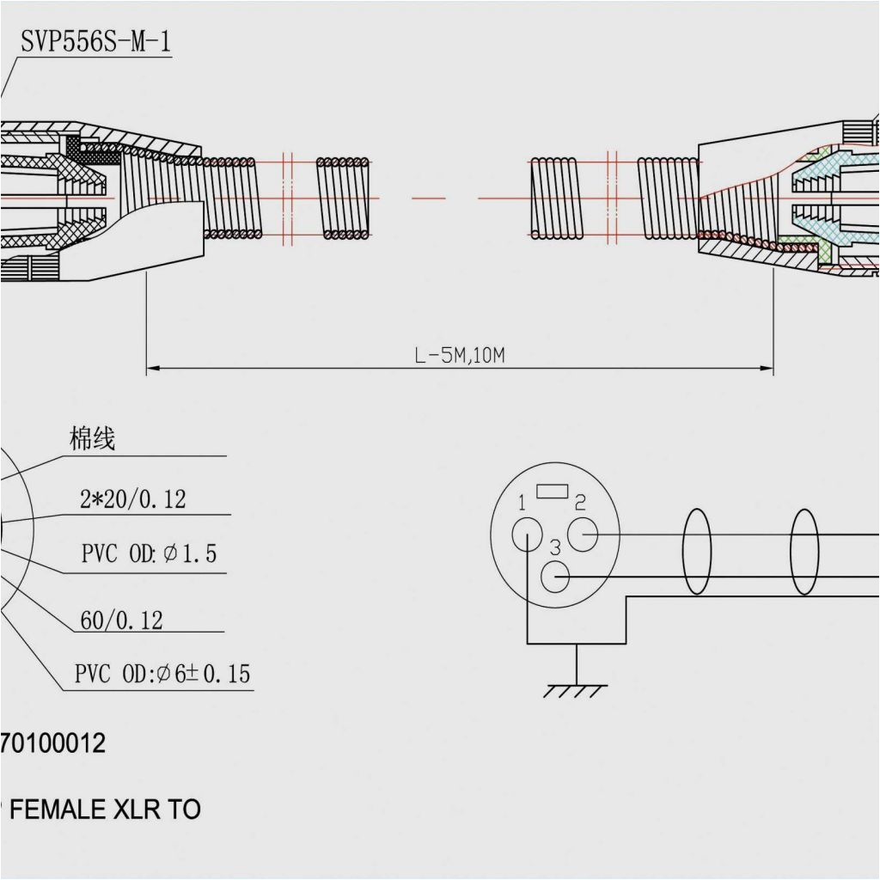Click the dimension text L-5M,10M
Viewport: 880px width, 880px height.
click(460, 356)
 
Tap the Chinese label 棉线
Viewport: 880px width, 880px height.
click(92, 440)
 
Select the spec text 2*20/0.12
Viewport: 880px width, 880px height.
click(132, 499)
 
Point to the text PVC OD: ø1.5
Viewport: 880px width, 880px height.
click(149, 554)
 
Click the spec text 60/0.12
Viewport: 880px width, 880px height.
click(121, 620)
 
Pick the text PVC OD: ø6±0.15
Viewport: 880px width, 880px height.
click(162, 675)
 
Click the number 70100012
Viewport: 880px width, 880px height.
click(53, 743)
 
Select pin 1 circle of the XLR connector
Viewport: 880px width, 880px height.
click(525, 537)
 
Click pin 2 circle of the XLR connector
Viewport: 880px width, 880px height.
click(583, 535)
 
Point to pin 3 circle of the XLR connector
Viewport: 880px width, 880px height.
click(557, 577)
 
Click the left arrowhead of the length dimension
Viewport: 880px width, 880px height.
click(152, 370)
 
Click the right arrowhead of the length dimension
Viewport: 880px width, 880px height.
click(767, 370)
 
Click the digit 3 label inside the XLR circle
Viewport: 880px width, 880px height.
click(554, 547)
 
